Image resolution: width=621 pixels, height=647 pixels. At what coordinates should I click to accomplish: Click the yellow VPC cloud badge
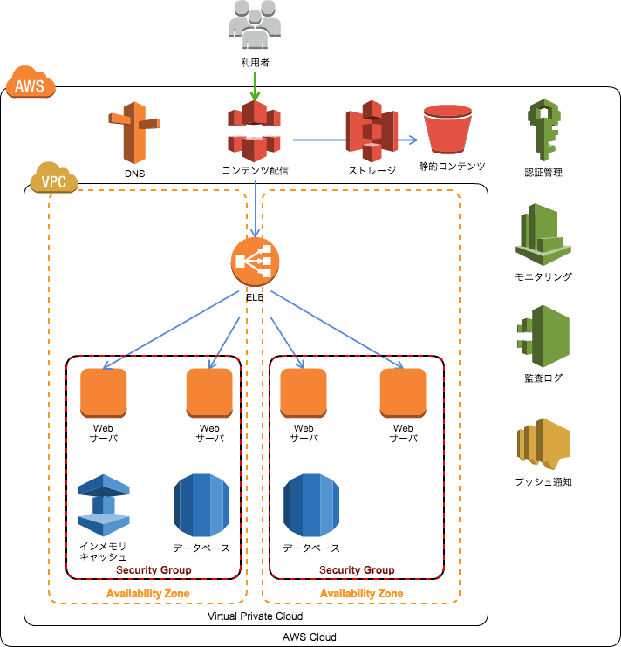[x=54, y=179]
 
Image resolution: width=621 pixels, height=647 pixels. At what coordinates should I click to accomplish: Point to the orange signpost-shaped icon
[x=133, y=133]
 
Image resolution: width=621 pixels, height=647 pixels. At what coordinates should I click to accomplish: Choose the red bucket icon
[x=447, y=129]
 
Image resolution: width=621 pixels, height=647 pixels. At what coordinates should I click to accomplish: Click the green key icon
[x=543, y=129]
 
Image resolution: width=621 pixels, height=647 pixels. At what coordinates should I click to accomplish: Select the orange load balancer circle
[x=256, y=261]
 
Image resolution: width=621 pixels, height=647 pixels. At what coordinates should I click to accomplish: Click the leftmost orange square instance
[x=104, y=392]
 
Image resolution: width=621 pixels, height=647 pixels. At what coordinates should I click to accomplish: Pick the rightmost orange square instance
[x=403, y=392]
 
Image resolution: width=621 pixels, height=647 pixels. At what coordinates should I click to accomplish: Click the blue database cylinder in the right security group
[x=311, y=506]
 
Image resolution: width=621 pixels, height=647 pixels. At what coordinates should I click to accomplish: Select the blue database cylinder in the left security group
[x=201, y=506]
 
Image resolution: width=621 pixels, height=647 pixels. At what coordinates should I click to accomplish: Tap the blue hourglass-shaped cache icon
[x=104, y=505]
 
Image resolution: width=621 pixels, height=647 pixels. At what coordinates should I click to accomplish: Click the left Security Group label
[x=154, y=570]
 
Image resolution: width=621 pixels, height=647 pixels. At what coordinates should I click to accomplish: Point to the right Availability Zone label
[x=361, y=594]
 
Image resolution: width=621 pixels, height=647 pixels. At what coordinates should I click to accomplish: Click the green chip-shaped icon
[x=543, y=336]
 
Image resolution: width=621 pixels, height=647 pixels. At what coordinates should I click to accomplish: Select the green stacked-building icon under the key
[x=543, y=234]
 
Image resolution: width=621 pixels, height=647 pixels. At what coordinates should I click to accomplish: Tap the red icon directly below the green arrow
[x=255, y=132]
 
